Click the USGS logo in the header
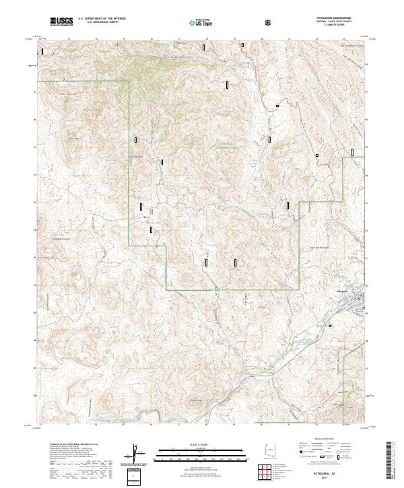(61, 22)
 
